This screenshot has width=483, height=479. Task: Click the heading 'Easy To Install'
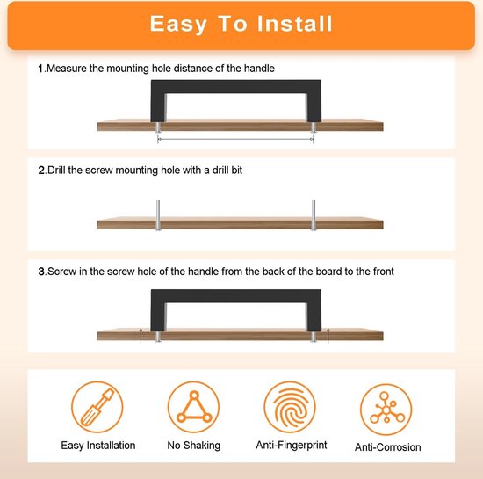241,24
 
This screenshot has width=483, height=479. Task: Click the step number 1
40,69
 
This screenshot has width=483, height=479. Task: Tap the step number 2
41,171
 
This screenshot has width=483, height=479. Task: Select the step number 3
41,272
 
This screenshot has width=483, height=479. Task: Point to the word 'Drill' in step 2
56,171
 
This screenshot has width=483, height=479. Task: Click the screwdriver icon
97,407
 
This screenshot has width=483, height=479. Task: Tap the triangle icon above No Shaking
194,407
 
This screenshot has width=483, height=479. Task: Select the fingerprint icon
290,407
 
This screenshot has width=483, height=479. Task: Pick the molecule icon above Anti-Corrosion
386,410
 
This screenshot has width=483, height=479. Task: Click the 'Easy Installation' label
98,446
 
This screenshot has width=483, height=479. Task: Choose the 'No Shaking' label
194,446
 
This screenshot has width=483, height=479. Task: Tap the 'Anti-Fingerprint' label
292,445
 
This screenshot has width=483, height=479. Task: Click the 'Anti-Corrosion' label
388,447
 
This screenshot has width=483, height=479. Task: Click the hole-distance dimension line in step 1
235,140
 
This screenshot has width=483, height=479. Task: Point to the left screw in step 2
158,215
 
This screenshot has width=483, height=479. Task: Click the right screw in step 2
314,215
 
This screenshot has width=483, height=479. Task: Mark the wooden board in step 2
240,223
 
